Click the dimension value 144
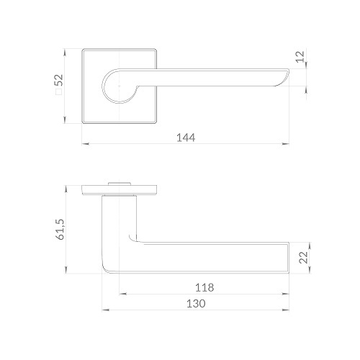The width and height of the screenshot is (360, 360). pyautogui.click(x=186, y=138)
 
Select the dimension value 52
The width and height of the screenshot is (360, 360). pyautogui.click(x=59, y=80)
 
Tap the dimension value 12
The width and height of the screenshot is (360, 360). pyautogui.click(x=300, y=57)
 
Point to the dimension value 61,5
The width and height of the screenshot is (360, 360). pyautogui.click(x=60, y=230)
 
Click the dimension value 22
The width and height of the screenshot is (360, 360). pyautogui.click(x=303, y=257)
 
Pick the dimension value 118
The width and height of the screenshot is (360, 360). pyautogui.click(x=204, y=287)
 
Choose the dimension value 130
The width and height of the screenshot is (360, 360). pyautogui.click(x=196, y=304)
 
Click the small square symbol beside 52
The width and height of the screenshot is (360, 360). pyautogui.click(x=59, y=92)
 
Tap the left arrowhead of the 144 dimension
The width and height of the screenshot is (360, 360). pyautogui.click(x=86, y=144)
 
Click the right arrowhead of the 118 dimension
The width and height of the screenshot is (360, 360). pyautogui.click(x=285, y=294)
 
